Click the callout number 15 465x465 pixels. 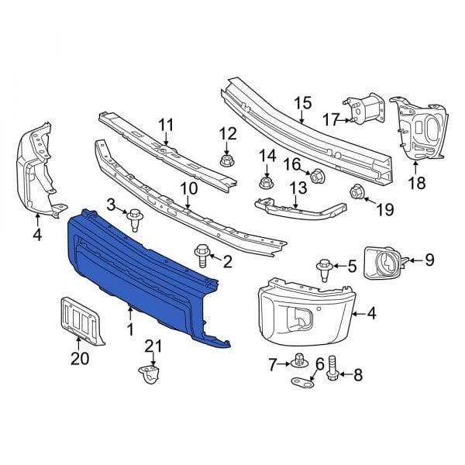coord(302,102)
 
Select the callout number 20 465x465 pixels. coord(79,358)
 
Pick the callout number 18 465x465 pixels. coord(417,183)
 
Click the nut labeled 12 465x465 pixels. coord(228,160)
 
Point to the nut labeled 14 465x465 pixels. coord(265,183)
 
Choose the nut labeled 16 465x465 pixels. coord(317,177)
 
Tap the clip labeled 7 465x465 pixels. coord(298,360)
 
